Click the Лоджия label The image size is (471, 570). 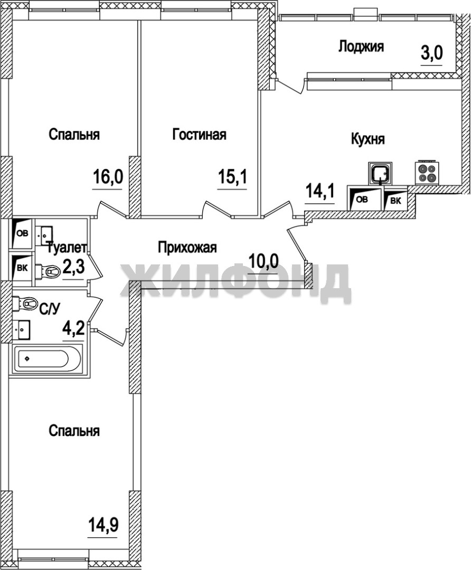tap(361, 46)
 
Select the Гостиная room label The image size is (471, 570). tap(199, 134)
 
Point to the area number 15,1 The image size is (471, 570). tap(232, 177)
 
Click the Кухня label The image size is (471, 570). tap(368, 139)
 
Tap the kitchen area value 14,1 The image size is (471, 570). tap(320, 191)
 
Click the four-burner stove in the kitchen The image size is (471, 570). tap(426, 172)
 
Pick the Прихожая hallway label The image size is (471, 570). tap(187, 248)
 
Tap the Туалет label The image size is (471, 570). tap(67, 248)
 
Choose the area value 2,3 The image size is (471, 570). tap(73, 268)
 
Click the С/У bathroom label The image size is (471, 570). tap(49, 309)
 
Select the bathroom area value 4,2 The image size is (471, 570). tap(73, 329)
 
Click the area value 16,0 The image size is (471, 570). tap(108, 177)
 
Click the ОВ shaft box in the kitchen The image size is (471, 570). tap(364, 198)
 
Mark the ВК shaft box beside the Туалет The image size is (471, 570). tap(22, 267)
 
